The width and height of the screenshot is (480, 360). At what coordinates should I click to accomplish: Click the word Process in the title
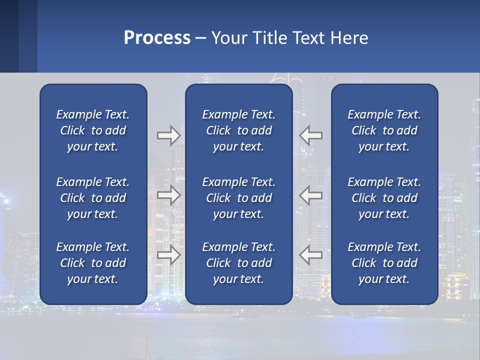pos(157,38)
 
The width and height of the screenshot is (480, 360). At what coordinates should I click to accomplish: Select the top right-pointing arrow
pos(168,135)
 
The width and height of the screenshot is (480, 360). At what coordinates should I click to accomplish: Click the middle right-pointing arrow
pos(168,195)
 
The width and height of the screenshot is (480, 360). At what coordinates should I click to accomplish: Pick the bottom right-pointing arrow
pos(168,255)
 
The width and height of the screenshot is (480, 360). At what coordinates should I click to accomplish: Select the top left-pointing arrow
pos(311,135)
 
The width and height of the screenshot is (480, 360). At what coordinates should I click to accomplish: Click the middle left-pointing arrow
pos(311,195)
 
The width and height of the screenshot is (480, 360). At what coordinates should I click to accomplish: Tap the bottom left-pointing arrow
pos(311,255)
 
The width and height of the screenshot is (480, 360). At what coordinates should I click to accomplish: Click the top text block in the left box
pos(93,130)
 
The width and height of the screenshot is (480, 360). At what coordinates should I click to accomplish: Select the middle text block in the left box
pos(93,198)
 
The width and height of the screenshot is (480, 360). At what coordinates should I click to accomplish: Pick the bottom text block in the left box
pos(93,263)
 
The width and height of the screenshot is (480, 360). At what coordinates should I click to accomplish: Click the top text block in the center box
pos(238,130)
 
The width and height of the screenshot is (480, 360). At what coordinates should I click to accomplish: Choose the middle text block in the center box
pos(238,198)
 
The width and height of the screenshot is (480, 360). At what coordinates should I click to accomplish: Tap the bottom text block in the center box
pos(238,263)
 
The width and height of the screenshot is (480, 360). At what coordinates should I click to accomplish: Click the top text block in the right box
pos(384,130)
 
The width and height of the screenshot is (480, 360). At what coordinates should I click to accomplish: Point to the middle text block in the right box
pos(384,198)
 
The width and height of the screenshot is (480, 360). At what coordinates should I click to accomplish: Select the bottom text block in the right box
pos(384,263)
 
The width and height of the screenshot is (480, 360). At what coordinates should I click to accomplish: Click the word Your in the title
pos(227,38)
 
